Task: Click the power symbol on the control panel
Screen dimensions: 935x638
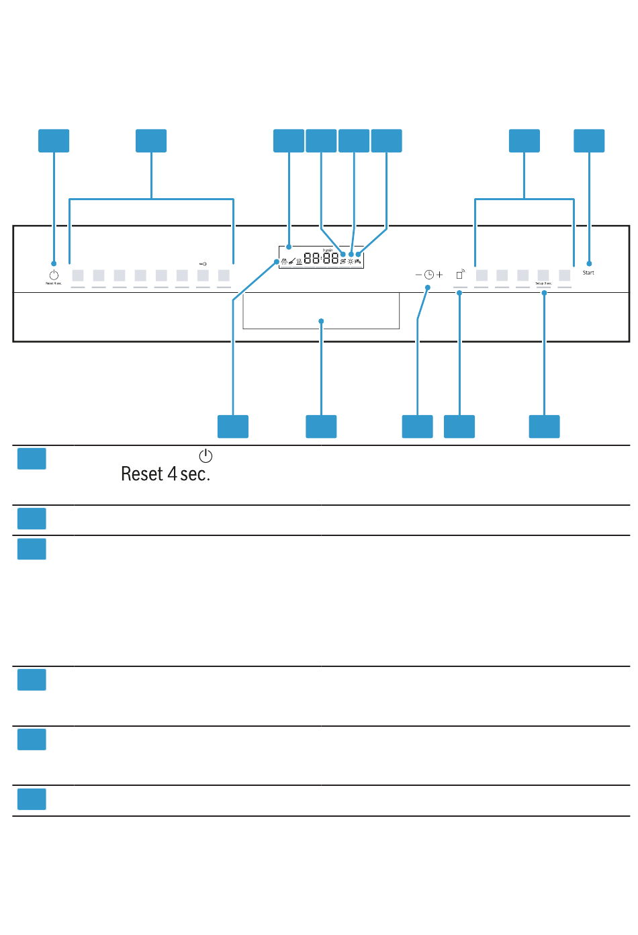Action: (54, 275)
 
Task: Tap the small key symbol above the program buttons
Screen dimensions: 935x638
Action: (203, 264)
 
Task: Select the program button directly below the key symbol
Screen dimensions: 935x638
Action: (203, 275)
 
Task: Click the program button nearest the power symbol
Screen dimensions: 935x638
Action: (78, 275)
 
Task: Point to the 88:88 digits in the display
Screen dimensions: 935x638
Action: (321, 258)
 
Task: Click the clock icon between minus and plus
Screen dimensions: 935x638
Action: (429, 275)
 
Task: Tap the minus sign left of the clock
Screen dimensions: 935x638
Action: (418, 275)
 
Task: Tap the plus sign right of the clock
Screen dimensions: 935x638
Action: (440, 275)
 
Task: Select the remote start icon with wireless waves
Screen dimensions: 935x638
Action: (461, 274)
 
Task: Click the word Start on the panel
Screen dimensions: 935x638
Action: (588, 273)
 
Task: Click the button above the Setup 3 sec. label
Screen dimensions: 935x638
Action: (543, 275)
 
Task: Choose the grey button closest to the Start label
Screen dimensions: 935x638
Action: (564, 275)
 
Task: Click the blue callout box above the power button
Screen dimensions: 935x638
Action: (54, 141)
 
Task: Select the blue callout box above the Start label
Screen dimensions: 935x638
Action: (589, 141)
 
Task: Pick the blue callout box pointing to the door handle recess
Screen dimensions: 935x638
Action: (321, 427)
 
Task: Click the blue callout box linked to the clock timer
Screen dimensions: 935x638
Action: (417, 427)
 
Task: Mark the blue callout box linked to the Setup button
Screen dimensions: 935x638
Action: (544, 427)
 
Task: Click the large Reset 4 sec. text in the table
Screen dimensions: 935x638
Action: (165, 474)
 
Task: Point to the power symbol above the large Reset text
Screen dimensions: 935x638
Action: (206, 456)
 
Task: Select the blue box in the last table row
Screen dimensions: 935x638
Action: (32, 799)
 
